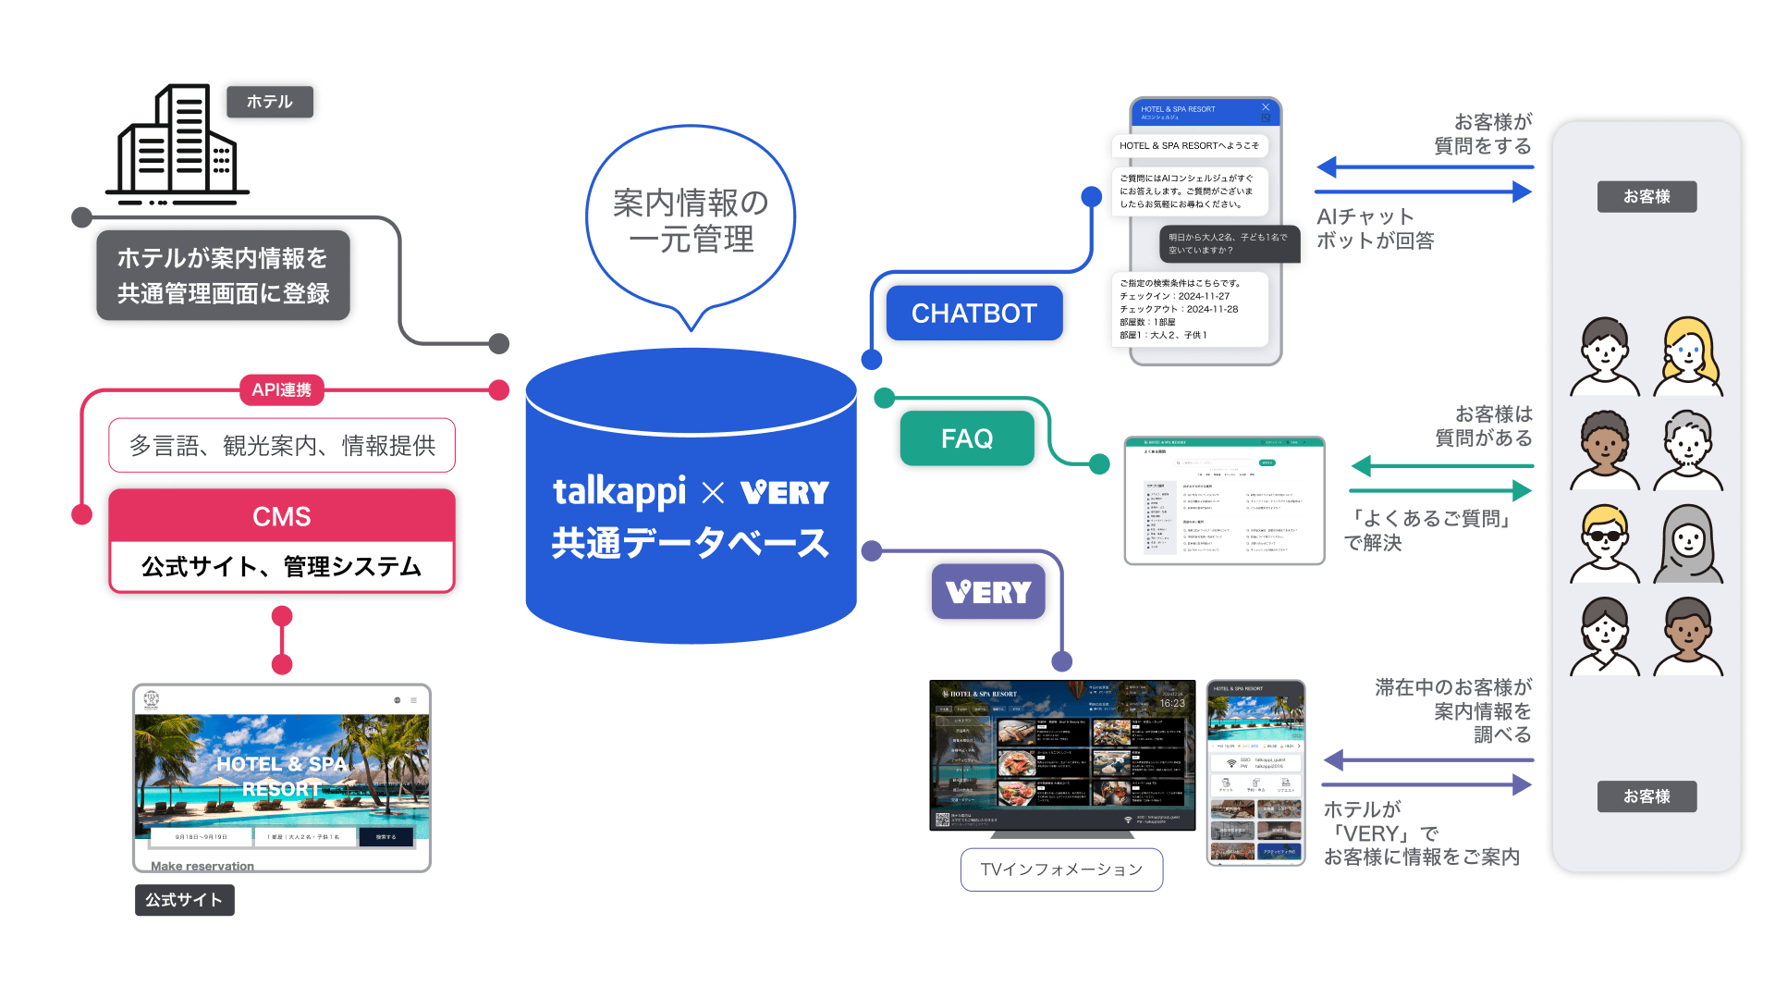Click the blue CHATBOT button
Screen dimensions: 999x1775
[x=973, y=314]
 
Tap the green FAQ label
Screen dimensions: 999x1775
[x=966, y=438]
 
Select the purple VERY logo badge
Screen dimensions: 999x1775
[x=988, y=592]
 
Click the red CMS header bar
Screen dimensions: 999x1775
[x=282, y=516]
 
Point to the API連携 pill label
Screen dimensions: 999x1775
[x=282, y=390]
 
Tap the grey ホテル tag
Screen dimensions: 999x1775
[x=269, y=102]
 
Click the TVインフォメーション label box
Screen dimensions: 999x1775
[x=1061, y=869]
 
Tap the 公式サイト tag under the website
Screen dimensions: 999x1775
[x=184, y=900]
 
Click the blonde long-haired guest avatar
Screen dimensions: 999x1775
[x=1687, y=356]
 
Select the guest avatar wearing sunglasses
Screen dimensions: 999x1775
[x=1605, y=543]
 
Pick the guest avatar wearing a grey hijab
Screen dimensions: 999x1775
[x=1687, y=543]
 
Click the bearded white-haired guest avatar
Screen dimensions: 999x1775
[x=1687, y=450]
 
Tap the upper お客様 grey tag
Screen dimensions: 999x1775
[x=1646, y=197]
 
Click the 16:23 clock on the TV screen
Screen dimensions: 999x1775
[x=1172, y=703]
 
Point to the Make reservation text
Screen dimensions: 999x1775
[x=202, y=866]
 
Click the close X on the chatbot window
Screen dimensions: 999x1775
[x=1266, y=107]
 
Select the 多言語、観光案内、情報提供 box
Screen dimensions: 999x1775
[x=282, y=446]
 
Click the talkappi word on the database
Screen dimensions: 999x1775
[x=619, y=491]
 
